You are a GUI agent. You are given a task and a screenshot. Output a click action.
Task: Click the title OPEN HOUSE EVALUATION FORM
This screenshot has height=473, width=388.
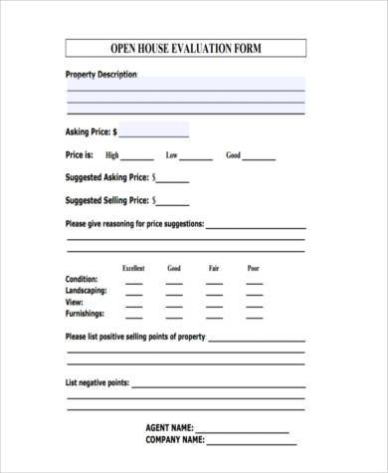coord(185,48)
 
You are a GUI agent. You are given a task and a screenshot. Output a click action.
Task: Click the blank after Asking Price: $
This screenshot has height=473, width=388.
coord(154,131)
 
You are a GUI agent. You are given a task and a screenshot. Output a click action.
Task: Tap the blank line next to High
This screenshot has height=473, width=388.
coord(137,157)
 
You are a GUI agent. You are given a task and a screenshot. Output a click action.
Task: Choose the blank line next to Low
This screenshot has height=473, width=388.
coord(196,157)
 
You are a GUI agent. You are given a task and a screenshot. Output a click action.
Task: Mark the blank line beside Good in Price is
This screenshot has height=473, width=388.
coord(260,157)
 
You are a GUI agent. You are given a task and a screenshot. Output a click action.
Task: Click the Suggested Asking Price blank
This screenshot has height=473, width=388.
coord(172,180)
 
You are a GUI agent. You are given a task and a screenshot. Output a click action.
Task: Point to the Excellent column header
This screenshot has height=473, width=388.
coord(133,268)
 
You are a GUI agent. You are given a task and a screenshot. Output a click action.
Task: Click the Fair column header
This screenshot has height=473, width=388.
coord(214,268)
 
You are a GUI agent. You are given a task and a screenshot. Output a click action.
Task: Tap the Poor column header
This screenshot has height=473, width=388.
coord(254,268)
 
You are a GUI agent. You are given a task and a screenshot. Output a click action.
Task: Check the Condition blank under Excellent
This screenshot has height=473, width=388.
coord(133,282)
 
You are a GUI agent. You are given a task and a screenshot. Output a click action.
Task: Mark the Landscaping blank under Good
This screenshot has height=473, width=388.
coord(174,293)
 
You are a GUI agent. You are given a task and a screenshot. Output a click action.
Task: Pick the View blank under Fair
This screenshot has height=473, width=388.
coord(214,304)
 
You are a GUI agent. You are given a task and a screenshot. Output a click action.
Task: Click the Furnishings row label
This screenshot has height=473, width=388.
coord(86,313)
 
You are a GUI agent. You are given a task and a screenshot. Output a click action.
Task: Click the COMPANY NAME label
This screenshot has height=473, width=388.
coord(175,439)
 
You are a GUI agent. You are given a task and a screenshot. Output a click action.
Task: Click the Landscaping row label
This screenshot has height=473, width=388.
coord(87,290)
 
